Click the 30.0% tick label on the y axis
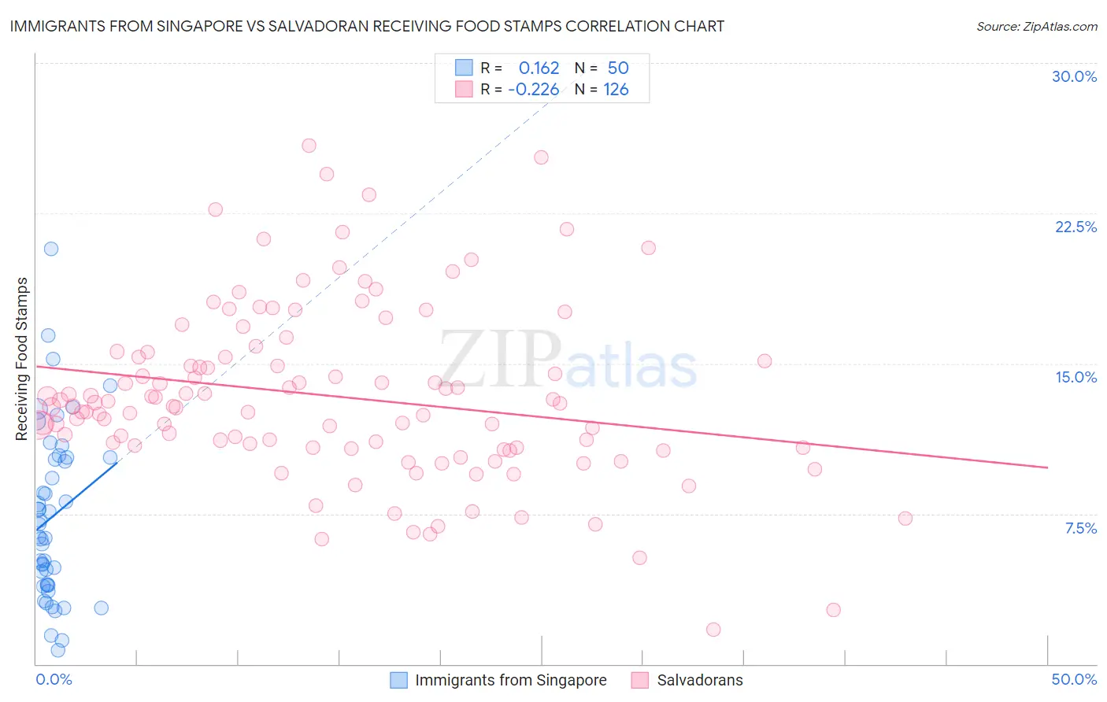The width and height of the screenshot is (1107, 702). [x=1074, y=76]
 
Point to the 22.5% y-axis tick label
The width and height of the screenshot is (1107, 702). [x=1076, y=227]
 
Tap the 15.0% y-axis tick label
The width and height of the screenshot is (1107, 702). [x=1076, y=377]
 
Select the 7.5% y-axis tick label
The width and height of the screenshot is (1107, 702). [x=1080, y=528]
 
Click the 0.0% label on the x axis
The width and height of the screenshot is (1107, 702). [x=54, y=679]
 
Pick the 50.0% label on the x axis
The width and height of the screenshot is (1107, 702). [x=1074, y=679]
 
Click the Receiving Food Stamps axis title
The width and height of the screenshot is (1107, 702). [x=22, y=359]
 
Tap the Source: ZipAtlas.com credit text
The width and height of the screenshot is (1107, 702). [x=1036, y=26]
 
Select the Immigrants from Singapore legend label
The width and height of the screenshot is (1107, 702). [x=510, y=680]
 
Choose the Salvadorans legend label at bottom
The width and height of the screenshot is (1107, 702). [x=700, y=680]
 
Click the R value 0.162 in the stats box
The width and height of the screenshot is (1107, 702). [x=539, y=68]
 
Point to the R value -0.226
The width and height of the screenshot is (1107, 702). [x=533, y=89]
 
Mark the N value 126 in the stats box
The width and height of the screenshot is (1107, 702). [x=616, y=89]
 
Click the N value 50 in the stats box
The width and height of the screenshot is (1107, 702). [x=618, y=68]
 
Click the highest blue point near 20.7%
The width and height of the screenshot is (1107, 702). [x=51, y=249]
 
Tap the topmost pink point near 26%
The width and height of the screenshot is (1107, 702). [x=309, y=146]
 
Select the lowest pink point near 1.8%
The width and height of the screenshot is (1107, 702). [x=713, y=630]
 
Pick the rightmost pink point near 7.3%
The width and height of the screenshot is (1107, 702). [x=905, y=519]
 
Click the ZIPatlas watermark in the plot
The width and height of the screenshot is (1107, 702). [x=567, y=360]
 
